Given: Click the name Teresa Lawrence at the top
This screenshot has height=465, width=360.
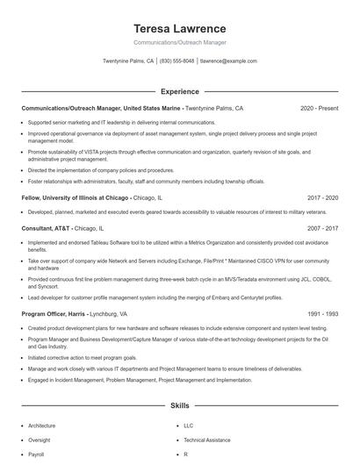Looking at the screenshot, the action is point(179,28).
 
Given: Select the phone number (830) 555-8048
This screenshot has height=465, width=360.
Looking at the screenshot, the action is point(176,61).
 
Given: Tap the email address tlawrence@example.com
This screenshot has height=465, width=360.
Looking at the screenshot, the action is point(228,61).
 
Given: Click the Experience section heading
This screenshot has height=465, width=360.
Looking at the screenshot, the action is point(179,91).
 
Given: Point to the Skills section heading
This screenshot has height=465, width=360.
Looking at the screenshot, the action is point(179,406).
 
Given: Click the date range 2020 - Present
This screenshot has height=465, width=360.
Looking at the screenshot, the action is point(319,109).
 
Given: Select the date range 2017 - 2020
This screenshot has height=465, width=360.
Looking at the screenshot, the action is point(322,198).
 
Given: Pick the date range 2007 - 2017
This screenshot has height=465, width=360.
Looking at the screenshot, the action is point(322,227).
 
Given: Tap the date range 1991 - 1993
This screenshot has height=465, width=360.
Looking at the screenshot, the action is point(322,313).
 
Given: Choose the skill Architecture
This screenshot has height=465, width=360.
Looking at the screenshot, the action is point(43,426).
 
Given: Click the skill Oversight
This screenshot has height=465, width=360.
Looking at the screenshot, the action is point(40,440).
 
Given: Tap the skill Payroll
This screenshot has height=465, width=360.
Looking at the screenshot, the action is point(36,455).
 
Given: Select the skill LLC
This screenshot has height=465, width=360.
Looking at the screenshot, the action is point(189,426).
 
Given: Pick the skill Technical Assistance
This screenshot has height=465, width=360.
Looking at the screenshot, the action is point(208,440).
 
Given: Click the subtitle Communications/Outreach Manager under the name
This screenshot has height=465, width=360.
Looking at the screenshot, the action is point(179,43).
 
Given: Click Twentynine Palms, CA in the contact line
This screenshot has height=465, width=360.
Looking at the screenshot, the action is point(128,61).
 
